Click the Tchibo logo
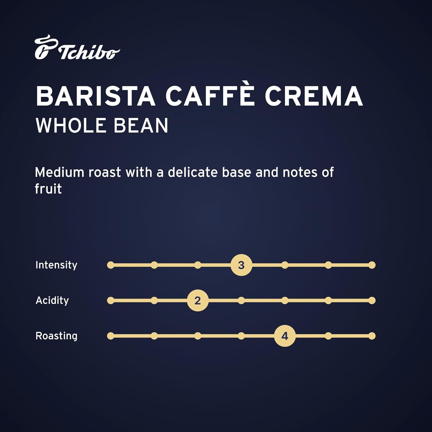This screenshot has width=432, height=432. coord(77,48)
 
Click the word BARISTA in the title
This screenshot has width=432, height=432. coord(95,96)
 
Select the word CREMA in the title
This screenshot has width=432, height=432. coord(314,96)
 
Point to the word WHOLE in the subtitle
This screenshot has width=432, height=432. coord(70,126)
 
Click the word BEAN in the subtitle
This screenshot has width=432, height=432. coord(141,126)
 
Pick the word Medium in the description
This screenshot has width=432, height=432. coord(59,173)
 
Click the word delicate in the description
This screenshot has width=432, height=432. coord(193,173)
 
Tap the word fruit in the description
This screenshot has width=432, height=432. coord(48,189)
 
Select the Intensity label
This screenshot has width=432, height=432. coord(56,265)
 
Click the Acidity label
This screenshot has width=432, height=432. coord(52,300)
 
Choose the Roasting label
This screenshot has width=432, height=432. coord(56,336)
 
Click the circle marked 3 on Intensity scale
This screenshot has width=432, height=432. coord(241,265)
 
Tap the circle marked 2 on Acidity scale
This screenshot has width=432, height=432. coord(198,300)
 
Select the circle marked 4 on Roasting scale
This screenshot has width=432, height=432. coord(285,336)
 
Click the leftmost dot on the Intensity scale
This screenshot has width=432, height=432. coord(111,265)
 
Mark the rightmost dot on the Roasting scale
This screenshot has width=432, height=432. coord(372,336)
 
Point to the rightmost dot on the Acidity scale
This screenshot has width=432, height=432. coord(372,300)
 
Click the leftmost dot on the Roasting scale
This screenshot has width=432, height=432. coord(111,336)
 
